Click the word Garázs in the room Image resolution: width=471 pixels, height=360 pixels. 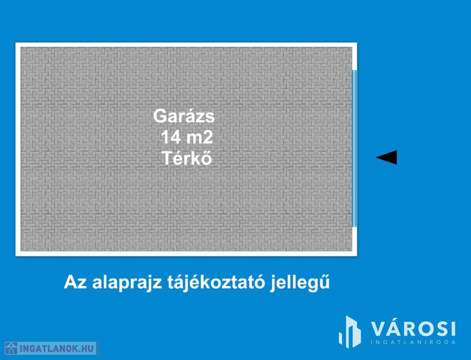click(x=184, y=116)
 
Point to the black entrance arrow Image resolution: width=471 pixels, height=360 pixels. click(x=386, y=157)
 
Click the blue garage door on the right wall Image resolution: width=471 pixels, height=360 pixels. click(x=354, y=149)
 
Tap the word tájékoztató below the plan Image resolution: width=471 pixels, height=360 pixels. click(x=216, y=283)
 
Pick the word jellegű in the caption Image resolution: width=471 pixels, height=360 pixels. click(x=300, y=283)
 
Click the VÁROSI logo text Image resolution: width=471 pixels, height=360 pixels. click(x=413, y=329)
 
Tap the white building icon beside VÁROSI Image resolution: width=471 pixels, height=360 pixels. click(x=350, y=332)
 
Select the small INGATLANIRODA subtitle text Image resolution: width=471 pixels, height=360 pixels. click(x=413, y=342)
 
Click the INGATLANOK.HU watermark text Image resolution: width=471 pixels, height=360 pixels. click(x=57, y=349)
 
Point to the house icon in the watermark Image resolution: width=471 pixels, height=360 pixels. click(x=11, y=348)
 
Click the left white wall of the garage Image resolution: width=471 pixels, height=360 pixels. click(x=18, y=149)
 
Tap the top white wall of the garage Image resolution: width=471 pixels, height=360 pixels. click(x=186, y=45)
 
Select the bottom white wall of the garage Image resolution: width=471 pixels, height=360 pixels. click(x=186, y=254)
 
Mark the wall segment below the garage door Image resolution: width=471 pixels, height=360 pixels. click(x=354, y=241)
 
